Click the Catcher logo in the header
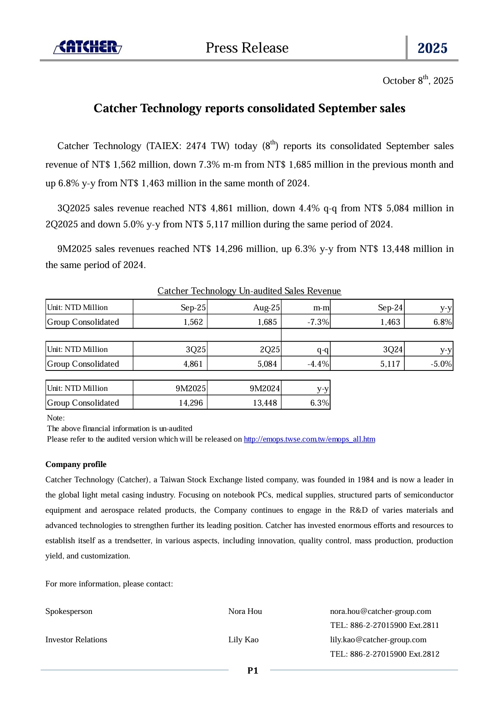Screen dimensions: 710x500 coord(88,47)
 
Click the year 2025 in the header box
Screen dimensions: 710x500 coord(432,48)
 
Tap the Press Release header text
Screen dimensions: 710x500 coord(247,48)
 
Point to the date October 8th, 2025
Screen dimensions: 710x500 coord(417,80)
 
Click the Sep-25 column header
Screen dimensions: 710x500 coord(193,307)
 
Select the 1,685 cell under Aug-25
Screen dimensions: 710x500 coord(267,322)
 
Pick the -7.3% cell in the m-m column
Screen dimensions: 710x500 coord(318,322)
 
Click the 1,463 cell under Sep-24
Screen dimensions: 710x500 coord(390,322)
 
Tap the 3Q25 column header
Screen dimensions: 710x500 coord(196,349)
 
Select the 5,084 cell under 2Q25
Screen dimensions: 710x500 coord(267,364)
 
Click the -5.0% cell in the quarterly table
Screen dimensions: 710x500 coord(441,364)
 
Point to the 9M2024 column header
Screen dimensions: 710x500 coord(265,388)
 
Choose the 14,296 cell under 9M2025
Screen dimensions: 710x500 coord(191,403)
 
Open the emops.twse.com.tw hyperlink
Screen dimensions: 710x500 coord(309,439)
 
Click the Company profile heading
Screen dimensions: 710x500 coord(76,464)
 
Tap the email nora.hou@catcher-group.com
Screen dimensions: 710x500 coord(381,611)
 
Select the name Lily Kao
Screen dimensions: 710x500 coord(243,640)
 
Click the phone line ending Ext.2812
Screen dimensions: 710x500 coord(384,654)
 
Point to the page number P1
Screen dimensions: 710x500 coord(253,671)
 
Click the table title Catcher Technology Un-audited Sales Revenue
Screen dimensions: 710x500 coord(249,291)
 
